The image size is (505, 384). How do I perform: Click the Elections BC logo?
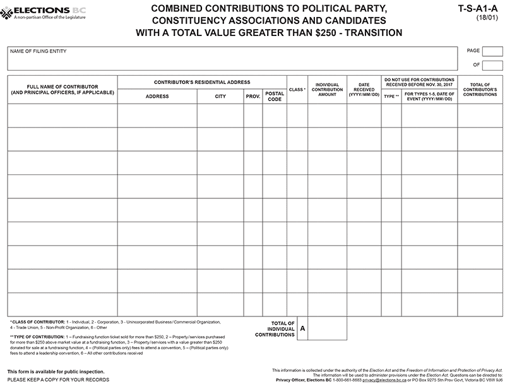coord(44,12)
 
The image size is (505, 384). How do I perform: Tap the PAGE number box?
coord(492,51)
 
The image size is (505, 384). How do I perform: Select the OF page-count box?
coord(492,65)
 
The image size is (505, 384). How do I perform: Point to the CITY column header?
coord(220,97)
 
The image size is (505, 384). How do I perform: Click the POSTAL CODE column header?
coord(275,97)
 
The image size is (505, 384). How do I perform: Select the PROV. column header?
coord(253,97)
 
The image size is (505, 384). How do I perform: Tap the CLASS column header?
coord(297,90)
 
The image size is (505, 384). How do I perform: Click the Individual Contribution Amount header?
coord(327,89)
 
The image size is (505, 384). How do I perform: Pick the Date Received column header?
coord(364,89)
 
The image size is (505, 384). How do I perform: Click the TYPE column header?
coord(391,97)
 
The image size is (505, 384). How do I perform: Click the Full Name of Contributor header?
coord(62,89)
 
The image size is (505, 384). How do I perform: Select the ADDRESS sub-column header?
coord(157,97)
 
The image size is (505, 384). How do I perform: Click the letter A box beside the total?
coord(302,328)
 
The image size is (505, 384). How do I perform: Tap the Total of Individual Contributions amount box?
coord(327,328)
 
